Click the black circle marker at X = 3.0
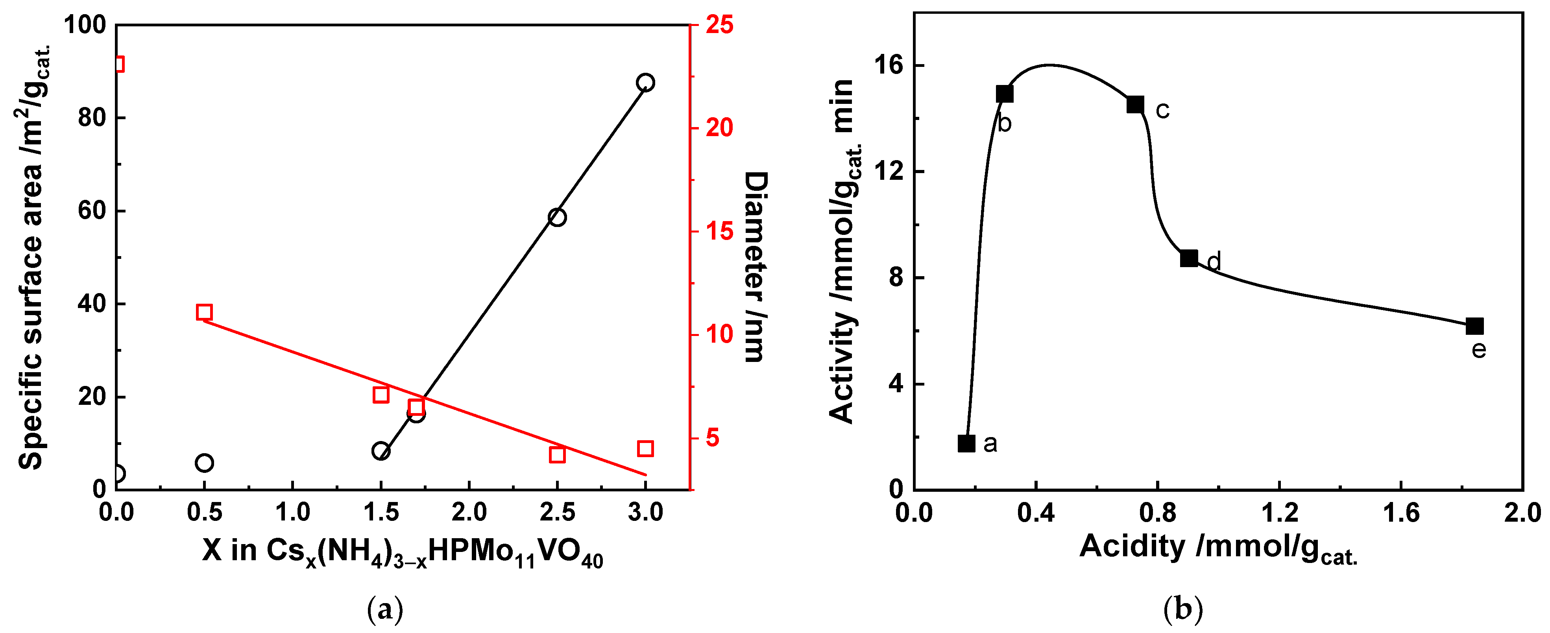click(x=645, y=83)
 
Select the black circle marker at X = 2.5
click(x=557, y=217)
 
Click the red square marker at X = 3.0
click(x=645, y=448)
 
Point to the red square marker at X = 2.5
click(x=557, y=455)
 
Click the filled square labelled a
click(x=966, y=443)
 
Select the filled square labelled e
click(x=1475, y=326)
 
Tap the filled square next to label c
click(x=1135, y=105)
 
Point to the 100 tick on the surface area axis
click(x=84, y=25)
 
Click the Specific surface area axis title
click(x=33, y=259)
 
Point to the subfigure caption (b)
click(x=1183, y=609)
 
